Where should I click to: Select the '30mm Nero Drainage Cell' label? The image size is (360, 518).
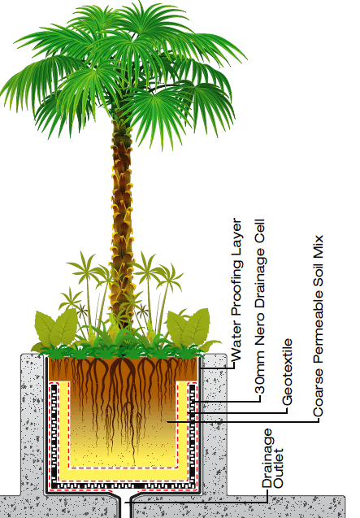coord(260,307)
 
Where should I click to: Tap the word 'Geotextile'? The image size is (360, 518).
coord(287,372)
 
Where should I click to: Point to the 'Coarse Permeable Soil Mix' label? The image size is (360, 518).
coord(318,326)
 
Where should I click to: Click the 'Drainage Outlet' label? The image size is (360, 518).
coord(272,458)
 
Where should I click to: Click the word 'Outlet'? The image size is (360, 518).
coord(279,468)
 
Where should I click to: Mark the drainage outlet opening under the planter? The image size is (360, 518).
coord(125,506)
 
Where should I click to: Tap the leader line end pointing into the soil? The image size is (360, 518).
coord(167,421)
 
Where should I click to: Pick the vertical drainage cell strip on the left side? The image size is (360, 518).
coord(54,433)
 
